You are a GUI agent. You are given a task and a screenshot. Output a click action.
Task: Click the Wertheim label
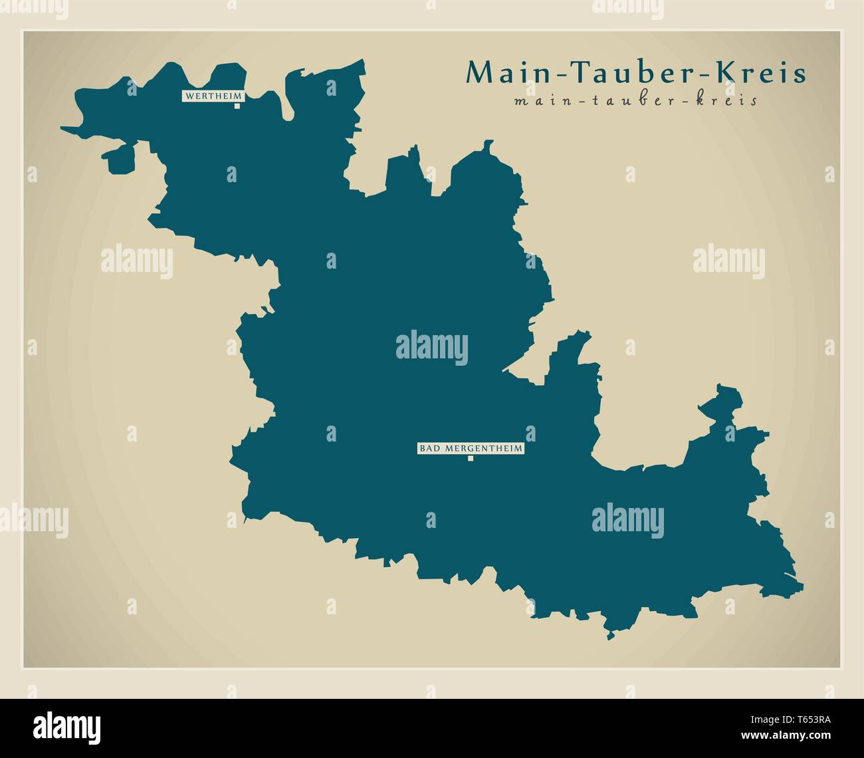point(213,96)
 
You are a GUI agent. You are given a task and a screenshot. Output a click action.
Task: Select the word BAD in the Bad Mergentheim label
point(428,449)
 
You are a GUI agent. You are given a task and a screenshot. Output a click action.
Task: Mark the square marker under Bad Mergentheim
point(470,458)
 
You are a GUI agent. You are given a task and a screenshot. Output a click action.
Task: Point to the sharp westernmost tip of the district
point(62,128)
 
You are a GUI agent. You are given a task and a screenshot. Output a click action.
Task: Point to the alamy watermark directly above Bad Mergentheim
point(432,348)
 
